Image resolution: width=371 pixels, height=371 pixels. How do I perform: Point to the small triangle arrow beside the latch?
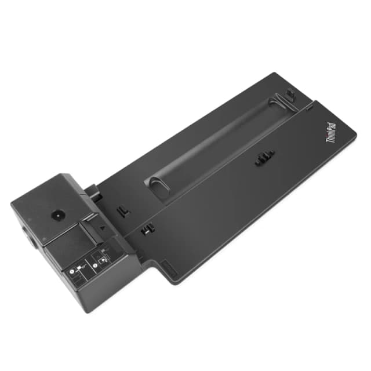click(x=102, y=228)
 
